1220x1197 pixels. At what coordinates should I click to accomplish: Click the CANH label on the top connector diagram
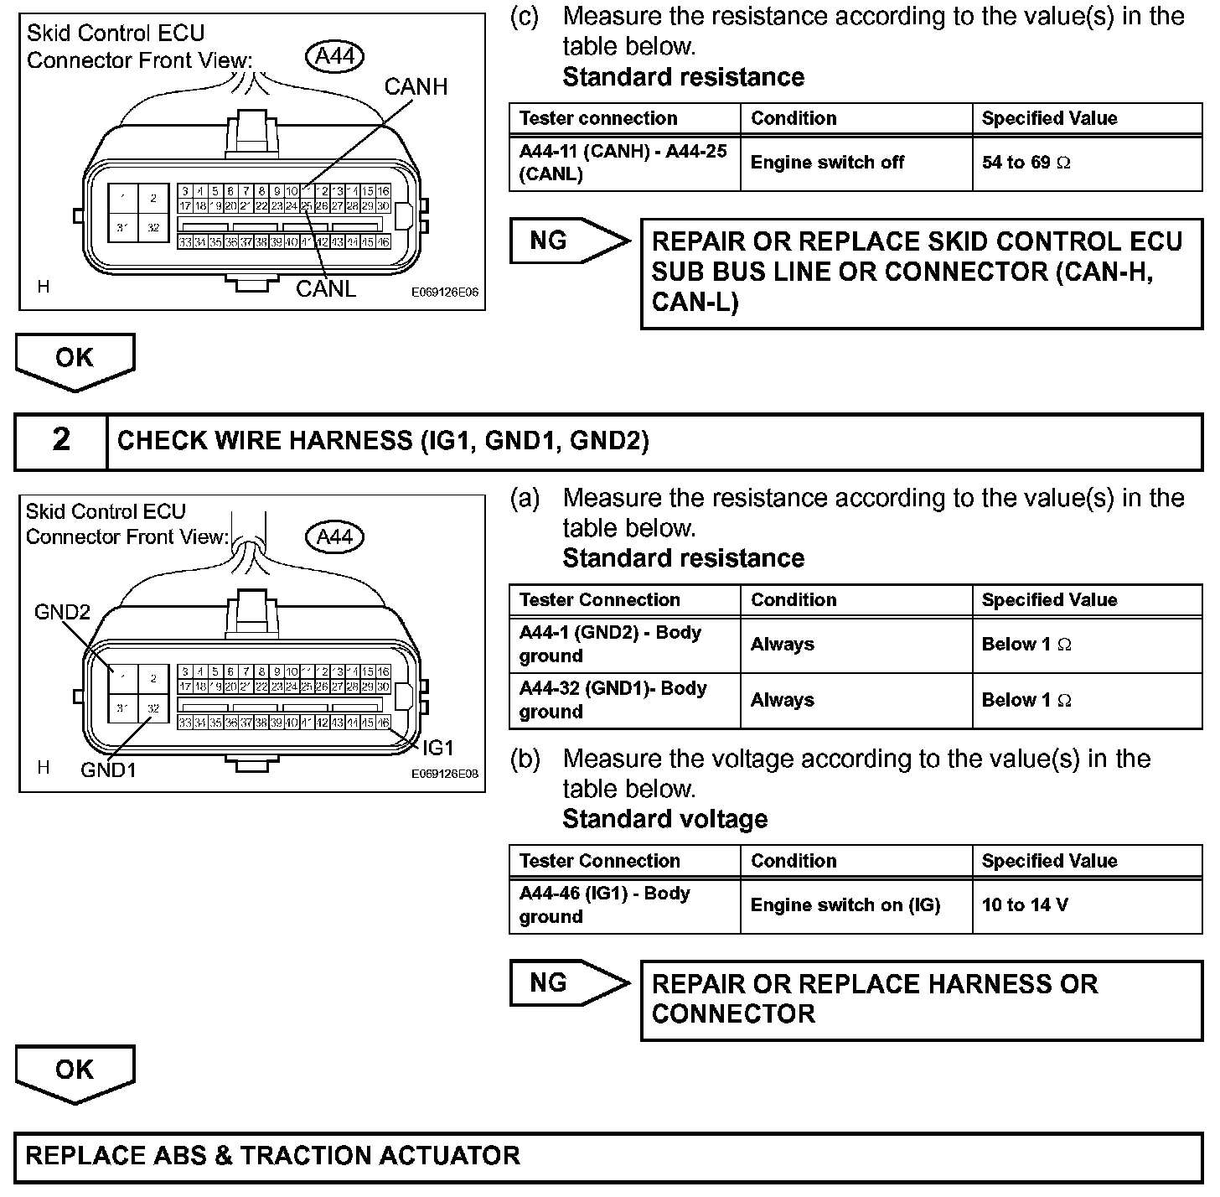click(416, 87)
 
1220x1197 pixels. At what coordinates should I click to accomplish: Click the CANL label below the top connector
click(326, 288)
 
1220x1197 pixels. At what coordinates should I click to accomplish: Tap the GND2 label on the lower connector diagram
click(61, 612)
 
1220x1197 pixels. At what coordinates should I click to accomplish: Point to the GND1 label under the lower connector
click(108, 769)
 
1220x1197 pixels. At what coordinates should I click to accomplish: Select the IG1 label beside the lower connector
click(438, 747)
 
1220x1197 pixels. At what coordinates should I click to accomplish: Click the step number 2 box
click(61, 441)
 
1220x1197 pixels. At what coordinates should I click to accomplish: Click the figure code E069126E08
click(444, 775)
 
